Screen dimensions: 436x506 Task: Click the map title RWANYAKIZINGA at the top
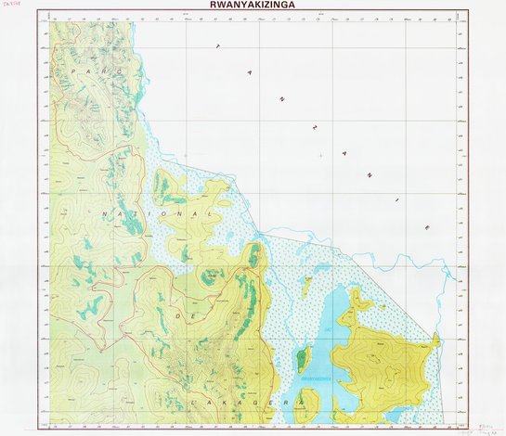pos(253,5)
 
